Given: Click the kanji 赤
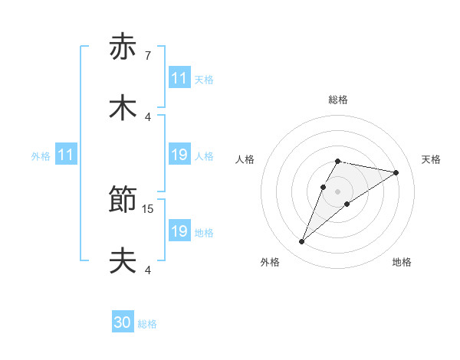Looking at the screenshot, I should point(123,47).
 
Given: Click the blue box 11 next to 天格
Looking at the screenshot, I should point(179,78).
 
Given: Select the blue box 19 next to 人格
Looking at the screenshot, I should point(179,155).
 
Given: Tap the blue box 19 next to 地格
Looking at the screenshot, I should point(179,231).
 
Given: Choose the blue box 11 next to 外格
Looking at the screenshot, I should point(65,155).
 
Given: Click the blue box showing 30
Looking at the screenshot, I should point(123,323).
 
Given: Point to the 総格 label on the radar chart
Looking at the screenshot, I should point(338,100).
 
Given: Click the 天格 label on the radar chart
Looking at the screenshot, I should point(432,159).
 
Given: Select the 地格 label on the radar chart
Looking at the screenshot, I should point(402,262).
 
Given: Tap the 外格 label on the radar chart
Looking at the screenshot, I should point(270,262).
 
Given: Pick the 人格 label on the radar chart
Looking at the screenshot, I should point(245,159).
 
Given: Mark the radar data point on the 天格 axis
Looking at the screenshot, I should point(396,173).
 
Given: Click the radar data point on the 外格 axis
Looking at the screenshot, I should point(302,242).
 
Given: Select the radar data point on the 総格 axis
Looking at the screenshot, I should point(338,161).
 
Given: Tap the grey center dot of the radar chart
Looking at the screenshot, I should point(338,191).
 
